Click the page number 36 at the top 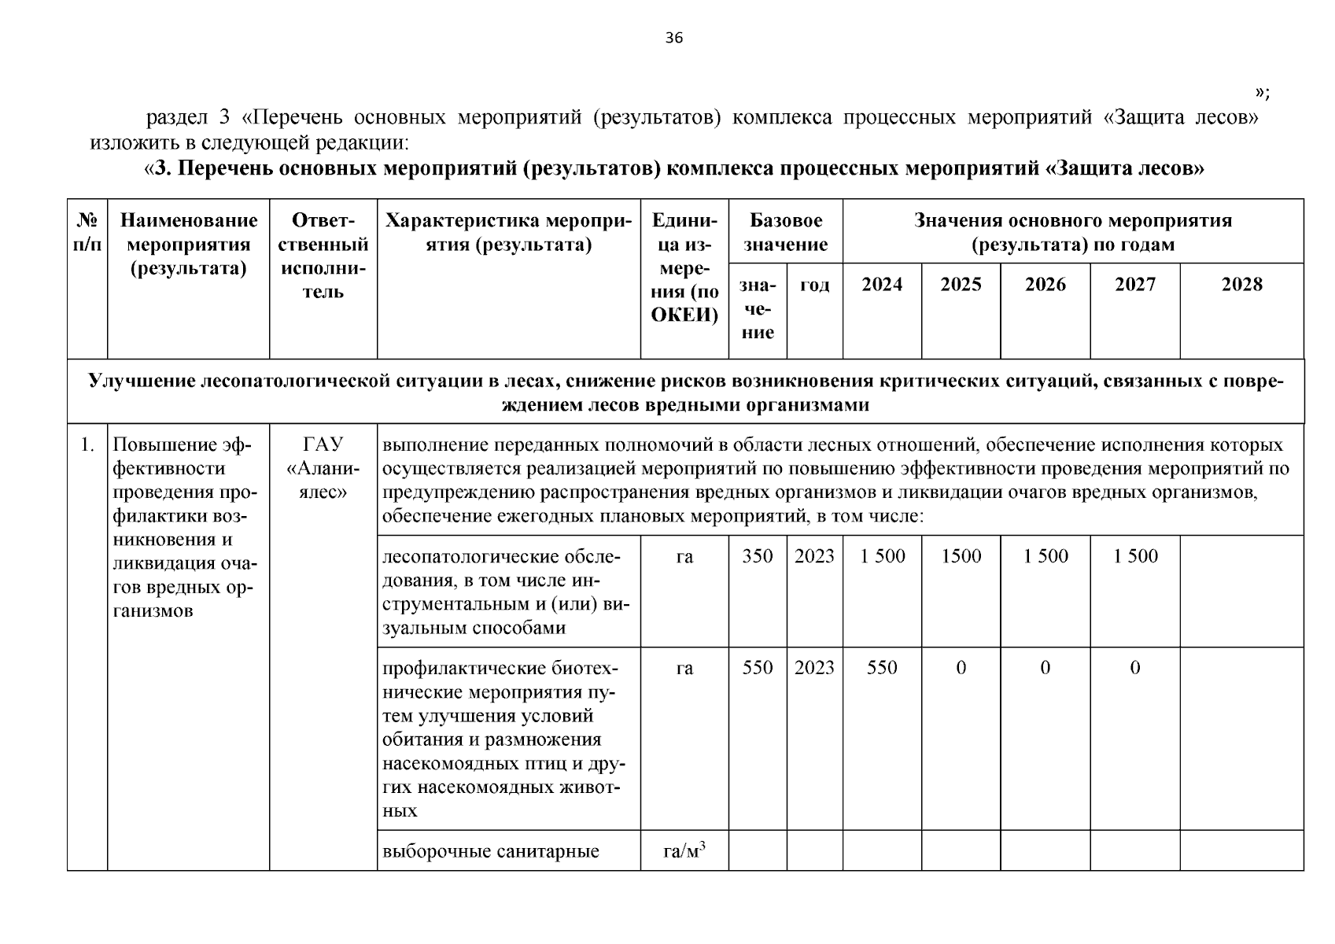coord(674,39)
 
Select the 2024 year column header coord(881,285)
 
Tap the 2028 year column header coord(1241,285)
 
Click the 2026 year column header coord(1045,285)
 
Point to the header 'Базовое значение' coord(785,232)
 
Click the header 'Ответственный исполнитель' coord(323,256)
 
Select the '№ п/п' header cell coord(87,232)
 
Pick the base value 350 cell coord(757,556)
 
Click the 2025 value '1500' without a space coord(961,556)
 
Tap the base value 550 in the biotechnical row coord(757,668)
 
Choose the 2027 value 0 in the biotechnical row coord(1134,668)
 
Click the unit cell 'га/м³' coord(684,850)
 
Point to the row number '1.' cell coord(87,445)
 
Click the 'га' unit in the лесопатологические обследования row coord(684,556)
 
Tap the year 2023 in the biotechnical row coord(814,668)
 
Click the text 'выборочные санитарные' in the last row coord(490,851)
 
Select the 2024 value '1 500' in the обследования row coord(882,556)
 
